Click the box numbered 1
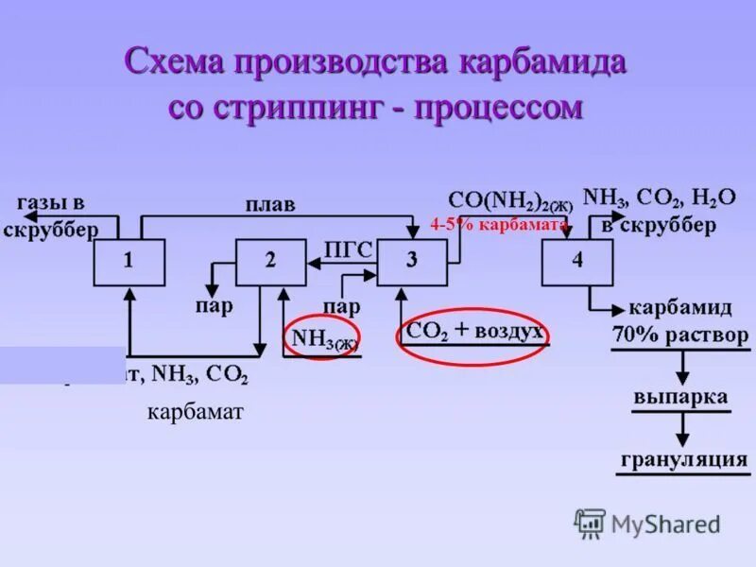tap(129, 262)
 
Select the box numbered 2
tap(270, 262)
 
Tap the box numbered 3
tap(412, 262)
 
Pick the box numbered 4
tap(576, 262)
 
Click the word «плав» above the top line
tap(270, 204)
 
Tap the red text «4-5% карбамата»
tap(498, 225)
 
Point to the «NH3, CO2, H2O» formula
tap(660, 198)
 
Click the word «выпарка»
tap(680, 397)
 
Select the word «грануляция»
tap(684, 460)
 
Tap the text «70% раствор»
tap(680, 335)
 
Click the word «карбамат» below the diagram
tap(196, 413)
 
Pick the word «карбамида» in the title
tap(543, 63)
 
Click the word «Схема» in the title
tap(172, 63)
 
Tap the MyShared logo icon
tap(590, 523)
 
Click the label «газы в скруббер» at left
tap(51, 215)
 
